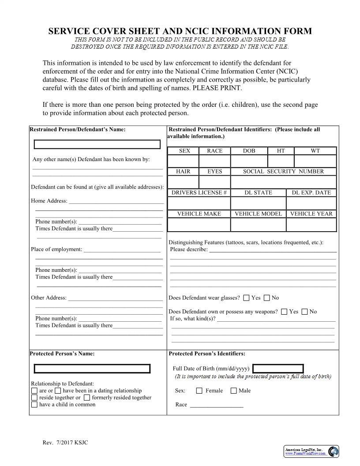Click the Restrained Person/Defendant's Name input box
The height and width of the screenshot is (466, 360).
point(97,144)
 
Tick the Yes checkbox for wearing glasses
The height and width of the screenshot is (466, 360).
point(246,298)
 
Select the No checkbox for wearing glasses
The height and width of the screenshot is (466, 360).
point(266,298)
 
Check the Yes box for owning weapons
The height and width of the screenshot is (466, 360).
point(284,312)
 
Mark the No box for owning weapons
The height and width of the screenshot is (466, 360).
point(304,312)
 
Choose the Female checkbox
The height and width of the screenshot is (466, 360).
point(199,391)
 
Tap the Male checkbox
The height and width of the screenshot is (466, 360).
point(233,391)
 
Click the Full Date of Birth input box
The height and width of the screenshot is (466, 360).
point(278,368)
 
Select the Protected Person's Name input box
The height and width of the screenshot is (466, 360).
point(92,368)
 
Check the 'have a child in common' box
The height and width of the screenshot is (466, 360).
point(34,405)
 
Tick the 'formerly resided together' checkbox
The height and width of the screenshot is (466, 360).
point(87,398)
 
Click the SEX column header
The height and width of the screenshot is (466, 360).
point(184,151)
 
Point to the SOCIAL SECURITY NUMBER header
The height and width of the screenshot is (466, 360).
point(283,172)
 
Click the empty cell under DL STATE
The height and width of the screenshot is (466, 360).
point(258,203)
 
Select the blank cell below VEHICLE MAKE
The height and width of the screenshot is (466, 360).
point(199,225)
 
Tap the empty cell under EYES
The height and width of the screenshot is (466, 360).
point(215,182)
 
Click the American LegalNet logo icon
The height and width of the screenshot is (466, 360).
point(334,451)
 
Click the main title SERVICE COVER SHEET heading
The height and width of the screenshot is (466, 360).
point(180,31)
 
